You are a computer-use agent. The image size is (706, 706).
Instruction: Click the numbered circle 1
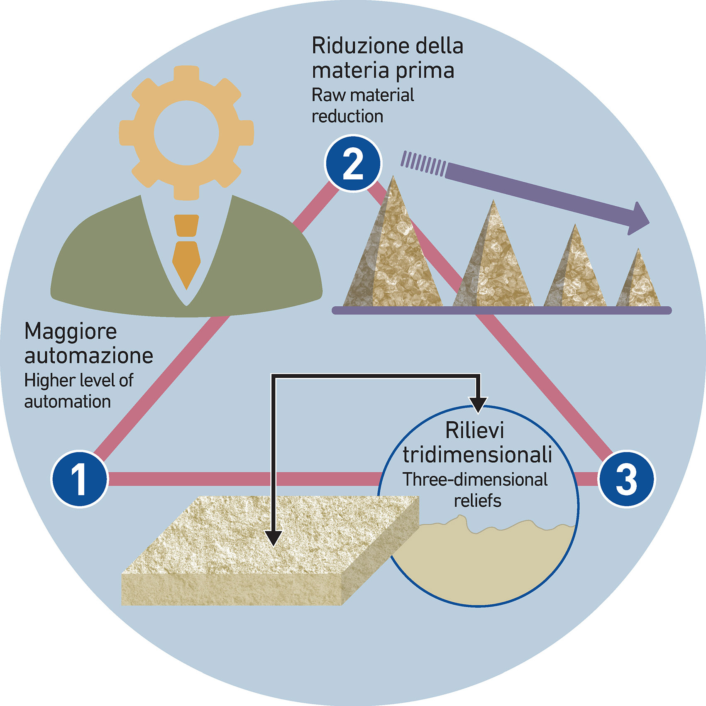(x=80, y=479)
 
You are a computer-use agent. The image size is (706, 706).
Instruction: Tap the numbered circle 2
(x=352, y=163)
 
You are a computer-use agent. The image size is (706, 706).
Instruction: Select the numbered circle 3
(x=626, y=479)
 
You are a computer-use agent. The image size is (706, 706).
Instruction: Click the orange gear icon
(x=186, y=133)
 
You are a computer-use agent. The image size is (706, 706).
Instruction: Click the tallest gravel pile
(x=392, y=257)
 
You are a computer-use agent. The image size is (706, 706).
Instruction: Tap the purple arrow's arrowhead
(x=638, y=219)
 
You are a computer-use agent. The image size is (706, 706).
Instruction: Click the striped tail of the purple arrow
(x=423, y=164)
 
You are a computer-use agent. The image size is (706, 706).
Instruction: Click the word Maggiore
(x=71, y=332)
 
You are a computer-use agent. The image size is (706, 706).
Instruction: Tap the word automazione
(x=88, y=356)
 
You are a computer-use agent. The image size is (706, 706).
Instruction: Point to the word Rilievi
(x=474, y=430)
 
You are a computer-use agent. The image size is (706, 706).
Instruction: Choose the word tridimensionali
(x=477, y=454)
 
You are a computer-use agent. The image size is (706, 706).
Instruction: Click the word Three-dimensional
(x=475, y=480)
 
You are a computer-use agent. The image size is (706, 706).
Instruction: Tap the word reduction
(x=347, y=117)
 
